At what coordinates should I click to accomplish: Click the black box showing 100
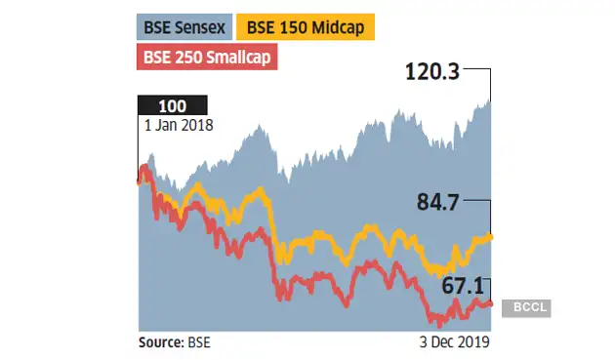(174, 105)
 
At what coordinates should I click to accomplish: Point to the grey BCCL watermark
(527, 307)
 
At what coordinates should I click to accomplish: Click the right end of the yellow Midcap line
(490, 236)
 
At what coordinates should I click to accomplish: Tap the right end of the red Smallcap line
(490, 303)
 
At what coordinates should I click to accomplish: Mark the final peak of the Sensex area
(490, 100)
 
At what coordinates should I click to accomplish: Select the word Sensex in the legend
(203, 27)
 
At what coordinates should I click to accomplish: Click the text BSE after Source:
(198, 342)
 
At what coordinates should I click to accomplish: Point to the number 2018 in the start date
(196, 124)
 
